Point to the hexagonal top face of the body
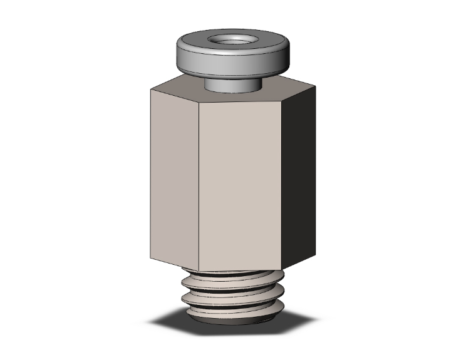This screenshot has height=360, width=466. pos(188,88)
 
